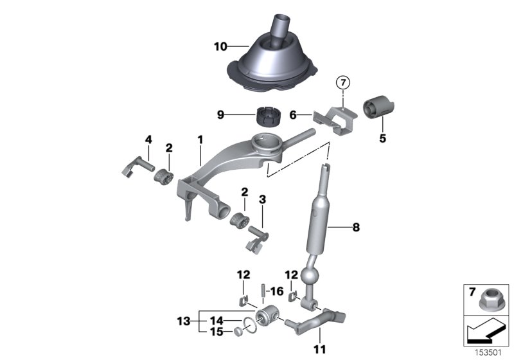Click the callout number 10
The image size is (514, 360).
[220, 46]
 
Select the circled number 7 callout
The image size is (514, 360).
[343, 83]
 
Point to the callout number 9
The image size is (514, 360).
[220, 115]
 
